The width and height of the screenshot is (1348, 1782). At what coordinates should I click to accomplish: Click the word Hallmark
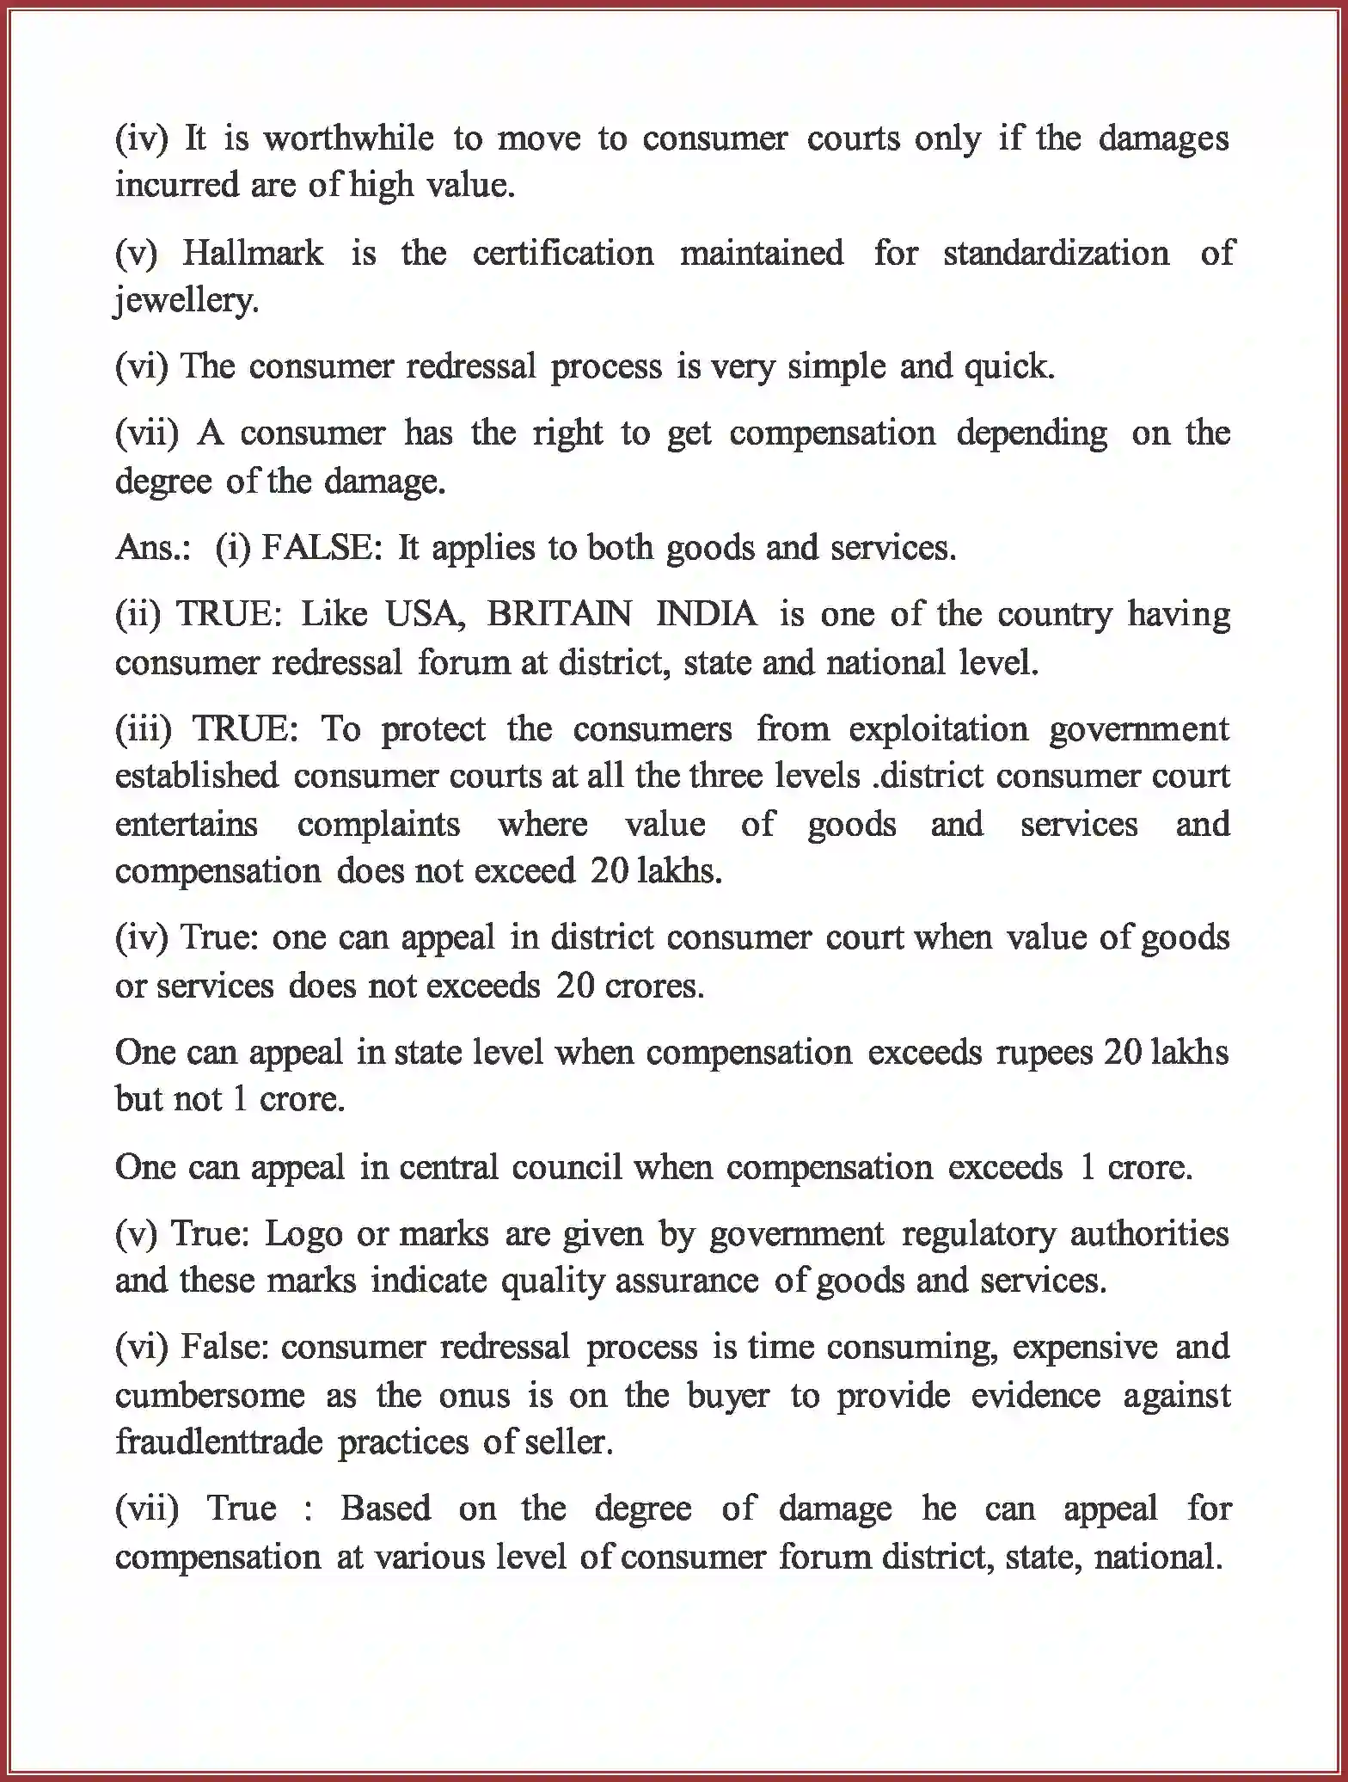pyautogui.click(x=253, y=254)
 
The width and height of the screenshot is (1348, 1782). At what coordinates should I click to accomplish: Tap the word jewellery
pyautogui.click(x=186, y=301)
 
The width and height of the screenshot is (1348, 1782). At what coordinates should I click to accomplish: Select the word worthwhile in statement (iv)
pyautogui.click(x=348, y=139)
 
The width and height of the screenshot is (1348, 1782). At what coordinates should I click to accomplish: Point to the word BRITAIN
pyautogui.click(x=559, y=615)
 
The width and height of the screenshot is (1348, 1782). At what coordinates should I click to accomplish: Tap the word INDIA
pyautogui.click(x=707, y=615)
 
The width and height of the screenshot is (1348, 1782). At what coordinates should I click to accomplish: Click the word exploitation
pyautogui.click(x=938, y=729)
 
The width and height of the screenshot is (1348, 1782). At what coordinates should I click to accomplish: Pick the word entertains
pyautogui.click(x=186, y=825)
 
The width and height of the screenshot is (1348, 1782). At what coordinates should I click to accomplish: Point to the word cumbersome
pyautogui.click(x=210, y=1395)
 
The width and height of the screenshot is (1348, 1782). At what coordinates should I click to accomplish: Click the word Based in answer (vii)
pyautogui.click(x=385, y=1509)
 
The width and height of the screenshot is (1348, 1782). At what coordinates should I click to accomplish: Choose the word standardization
pyautogui.click(x=1056, y=254)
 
